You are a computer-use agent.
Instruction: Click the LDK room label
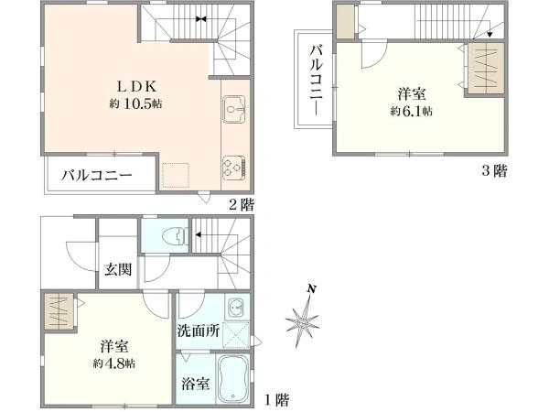pyautogui.click(x=135, y=86)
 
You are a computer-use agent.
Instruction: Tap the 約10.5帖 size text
pyautogui.click(x=135, y=103)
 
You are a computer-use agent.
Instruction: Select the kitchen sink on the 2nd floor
pyautogui.click(x=234, y=109)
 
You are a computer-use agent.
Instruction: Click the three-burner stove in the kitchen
pyautogui.click(x=234, y=168)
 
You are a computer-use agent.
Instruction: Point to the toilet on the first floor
pyautogui.click(x=175, y=234)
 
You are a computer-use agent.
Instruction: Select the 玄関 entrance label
pyautogui.click(x=118, y=269)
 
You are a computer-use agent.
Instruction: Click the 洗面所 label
pyautogui.click(x=199, y=331)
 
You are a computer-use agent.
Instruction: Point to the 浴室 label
pyautogui.click(x=196, y=384)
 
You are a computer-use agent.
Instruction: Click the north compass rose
pyautogui.click(x=303, y=318)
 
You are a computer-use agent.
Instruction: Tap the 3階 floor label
pyautogui.click(x=494, y=171)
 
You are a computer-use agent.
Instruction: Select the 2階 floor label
pyautogui.click(x=242, y=204)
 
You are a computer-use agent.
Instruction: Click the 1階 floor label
pyautogui.click(x=276, y=400)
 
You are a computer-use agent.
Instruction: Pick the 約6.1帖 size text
pyautogui.click(x=412, y=112)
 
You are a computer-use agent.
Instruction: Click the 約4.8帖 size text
pyautogui.click(x=114, y=363)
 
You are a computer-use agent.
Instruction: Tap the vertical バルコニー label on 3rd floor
pyautogui.click(x=317, y=80)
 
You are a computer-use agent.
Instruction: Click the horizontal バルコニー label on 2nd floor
pyautogui.click(x=97, y=175)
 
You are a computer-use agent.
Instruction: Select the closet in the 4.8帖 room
pyautogui.click(x=59, y=311)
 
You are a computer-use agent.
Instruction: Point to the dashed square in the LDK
pyautogui.click(x=176, y=175)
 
